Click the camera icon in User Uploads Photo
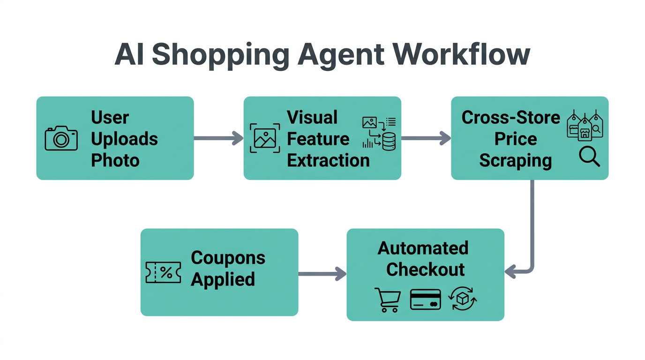click(61, 138)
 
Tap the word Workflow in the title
click(462, 55)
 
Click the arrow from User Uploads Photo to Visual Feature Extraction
click(218, 138)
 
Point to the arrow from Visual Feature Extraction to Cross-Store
click(426, 138)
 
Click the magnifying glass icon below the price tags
click(589, 157)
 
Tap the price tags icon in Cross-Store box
click(585, 126)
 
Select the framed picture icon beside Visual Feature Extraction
click(265, 138)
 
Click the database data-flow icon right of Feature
click(379, 134)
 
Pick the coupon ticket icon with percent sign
click(163, 272)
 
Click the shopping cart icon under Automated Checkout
click(388, 300)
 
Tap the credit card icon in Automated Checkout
click(425, 300)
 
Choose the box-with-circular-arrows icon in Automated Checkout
click(463, 300)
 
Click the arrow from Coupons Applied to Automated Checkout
click(322, 274)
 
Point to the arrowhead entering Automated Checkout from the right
click(511, 271)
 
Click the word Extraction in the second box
click(328, 160)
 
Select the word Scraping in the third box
click(515, 160)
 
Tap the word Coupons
click(228, 257)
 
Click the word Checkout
click(425, 270)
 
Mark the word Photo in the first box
click(115, 160)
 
